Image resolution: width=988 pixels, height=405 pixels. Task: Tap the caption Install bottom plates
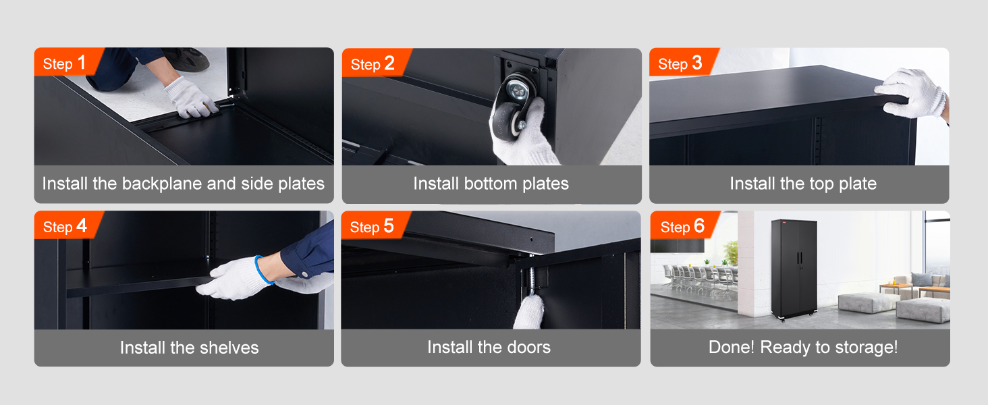(x=491, y=184)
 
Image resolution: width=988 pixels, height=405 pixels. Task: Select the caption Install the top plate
(x=802, y=184)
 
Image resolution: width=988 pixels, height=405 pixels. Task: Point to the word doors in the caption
(x=528, y=348)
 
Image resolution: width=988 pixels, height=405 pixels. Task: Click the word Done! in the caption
(x=732, y=348)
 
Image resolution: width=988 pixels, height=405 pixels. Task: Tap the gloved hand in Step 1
(x=190, y=97)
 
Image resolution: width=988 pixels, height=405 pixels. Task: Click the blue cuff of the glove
(x=264, y=270)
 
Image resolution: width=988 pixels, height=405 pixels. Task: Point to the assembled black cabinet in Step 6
(x=794, y=267)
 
